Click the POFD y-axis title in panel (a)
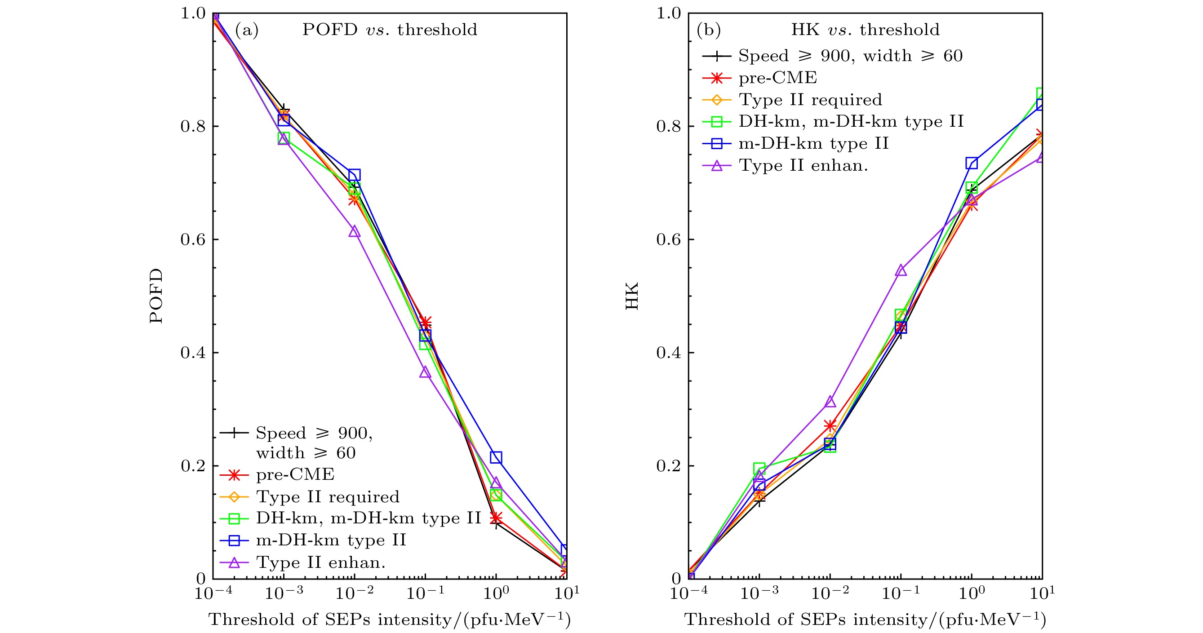(x=156, y=296)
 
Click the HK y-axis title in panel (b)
(x=632, y=296)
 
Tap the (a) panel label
(x=247, y=30)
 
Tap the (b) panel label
(x=708, y=30)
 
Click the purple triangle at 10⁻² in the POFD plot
(x=355, y=231)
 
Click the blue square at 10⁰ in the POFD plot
(x=496, y=457)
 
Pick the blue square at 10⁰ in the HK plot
(x=972, y=164)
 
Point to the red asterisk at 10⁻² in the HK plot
(x=830, y=426)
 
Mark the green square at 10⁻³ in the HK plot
(x=759, y=468)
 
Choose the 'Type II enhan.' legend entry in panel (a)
(x=320, y=562)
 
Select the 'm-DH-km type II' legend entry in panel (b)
(x=813, y=143)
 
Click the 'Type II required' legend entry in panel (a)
(x=327, y=497)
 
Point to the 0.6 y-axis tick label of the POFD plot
(x=193, y=239)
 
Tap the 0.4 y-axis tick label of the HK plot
(x=668, y=353)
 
